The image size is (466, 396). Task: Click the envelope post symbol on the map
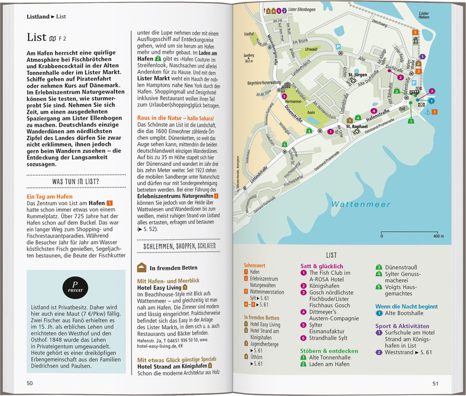click(421, 104)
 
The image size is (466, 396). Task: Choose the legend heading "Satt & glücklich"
click(322, 265)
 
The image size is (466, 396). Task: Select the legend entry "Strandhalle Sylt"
click(330, 339)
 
